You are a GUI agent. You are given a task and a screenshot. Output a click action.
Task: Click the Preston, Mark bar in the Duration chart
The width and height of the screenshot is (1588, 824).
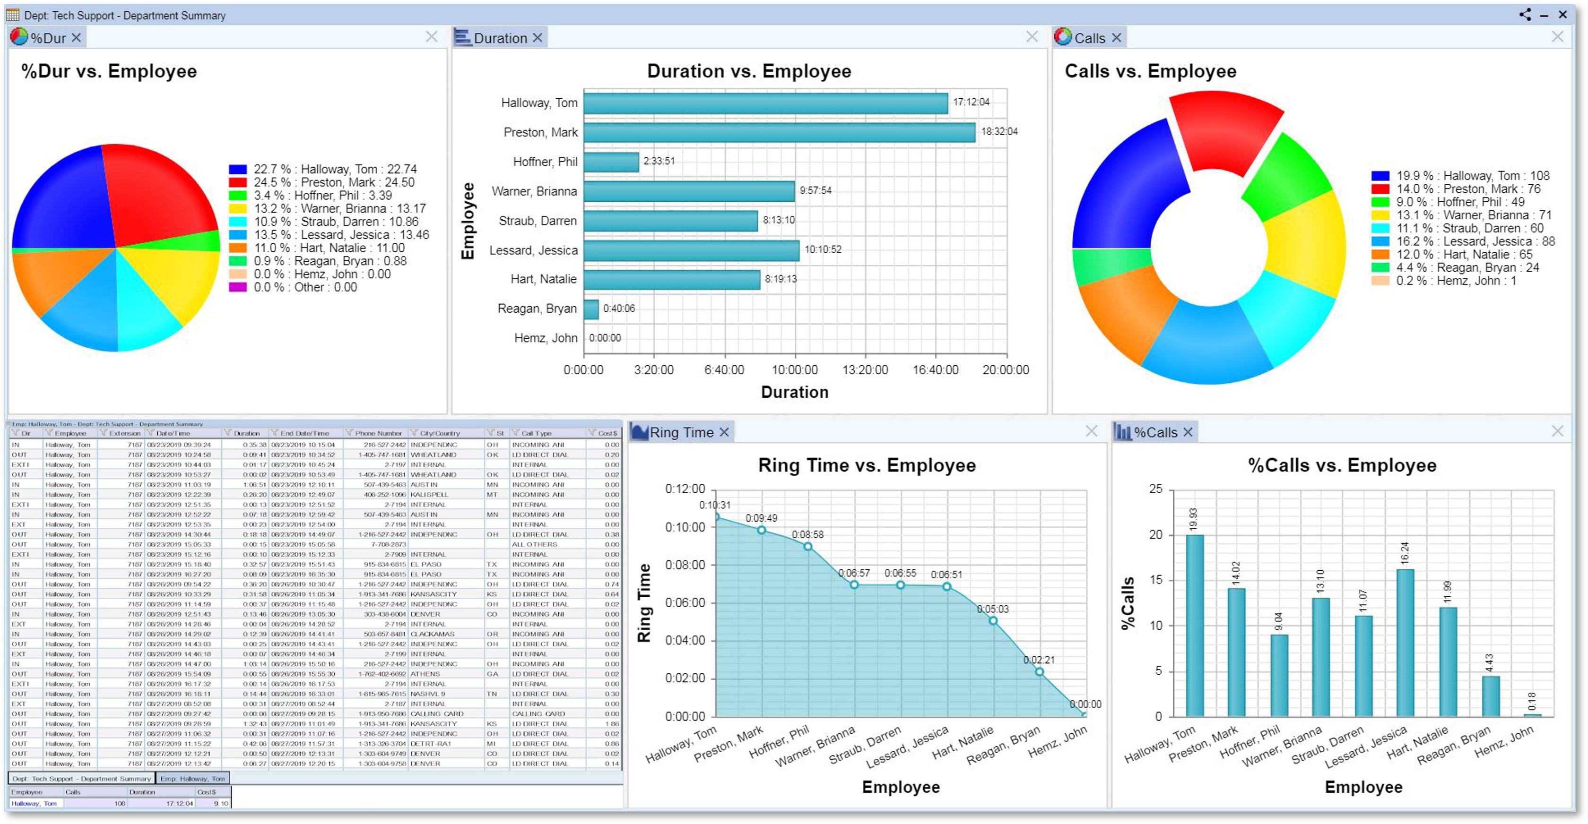(779, 132)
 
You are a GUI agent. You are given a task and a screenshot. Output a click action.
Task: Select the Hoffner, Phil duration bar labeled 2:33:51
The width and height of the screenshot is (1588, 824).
(611, 162)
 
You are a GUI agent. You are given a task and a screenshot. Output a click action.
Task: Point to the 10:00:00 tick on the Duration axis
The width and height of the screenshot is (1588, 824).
(795, 370)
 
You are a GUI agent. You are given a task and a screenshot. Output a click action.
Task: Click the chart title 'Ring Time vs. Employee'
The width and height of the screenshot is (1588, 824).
(866, 465)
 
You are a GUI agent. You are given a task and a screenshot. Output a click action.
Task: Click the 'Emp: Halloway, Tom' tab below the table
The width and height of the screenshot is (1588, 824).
(192, 779)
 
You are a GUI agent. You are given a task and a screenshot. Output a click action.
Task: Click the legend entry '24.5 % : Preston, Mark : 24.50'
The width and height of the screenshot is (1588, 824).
(333, 182)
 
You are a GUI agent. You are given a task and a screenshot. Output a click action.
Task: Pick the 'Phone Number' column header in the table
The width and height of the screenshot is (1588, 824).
(377, 433)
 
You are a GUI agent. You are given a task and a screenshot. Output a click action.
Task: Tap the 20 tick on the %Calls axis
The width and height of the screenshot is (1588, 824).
(1155, 535)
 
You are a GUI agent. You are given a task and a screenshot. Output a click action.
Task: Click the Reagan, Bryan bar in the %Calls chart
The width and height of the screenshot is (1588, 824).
(1490, 696)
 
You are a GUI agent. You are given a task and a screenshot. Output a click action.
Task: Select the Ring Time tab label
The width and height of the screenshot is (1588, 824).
(681, 433)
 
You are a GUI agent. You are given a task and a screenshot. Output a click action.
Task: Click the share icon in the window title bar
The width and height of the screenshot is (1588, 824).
(1525, 15)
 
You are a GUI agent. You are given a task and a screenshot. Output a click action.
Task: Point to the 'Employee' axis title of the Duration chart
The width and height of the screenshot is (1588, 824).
(468, 221)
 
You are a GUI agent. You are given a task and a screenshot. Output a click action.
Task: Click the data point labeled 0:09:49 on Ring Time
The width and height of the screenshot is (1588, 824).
(761, 530)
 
